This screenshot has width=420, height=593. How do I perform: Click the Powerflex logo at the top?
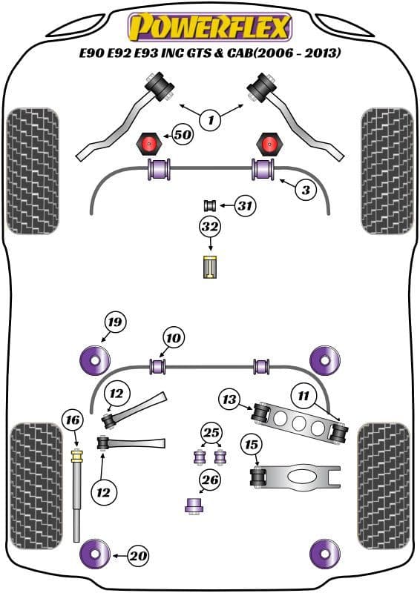[x=210, y=27]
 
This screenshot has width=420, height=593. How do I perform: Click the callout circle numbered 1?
[x=210, y=119]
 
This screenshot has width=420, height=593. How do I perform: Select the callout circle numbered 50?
[x=182, y=134]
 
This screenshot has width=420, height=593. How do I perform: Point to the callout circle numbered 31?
[x=245, y=205]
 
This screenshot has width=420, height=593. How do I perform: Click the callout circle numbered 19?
[x=114, y=322]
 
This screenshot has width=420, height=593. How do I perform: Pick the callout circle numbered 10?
[x=173, y=339]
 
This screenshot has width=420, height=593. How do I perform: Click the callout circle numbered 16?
[x=72, y=421]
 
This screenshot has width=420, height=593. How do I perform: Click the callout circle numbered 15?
[x=252, y=445]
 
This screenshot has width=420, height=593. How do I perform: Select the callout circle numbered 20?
[x=137, y=554]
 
